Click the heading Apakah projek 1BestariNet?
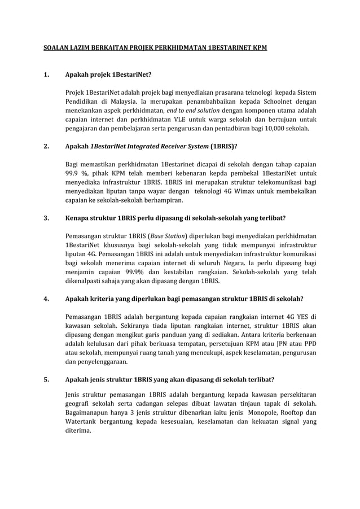pyautogui.click(x=108, y=74)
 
